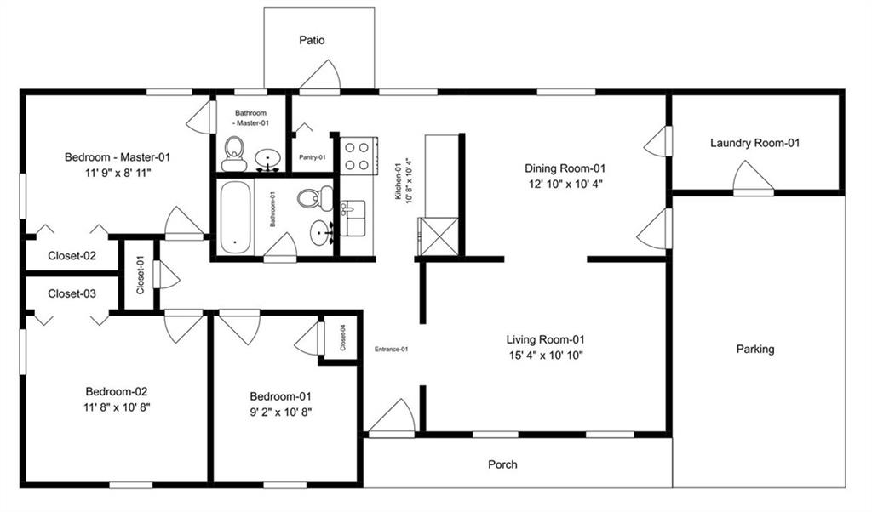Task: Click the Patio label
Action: point(311,40)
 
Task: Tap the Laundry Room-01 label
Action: point(754,143)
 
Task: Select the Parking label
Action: point(755,349)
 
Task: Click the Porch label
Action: point(502,464)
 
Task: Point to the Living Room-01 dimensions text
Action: point(545,355)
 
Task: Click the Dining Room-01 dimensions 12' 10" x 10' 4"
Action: point(565,183)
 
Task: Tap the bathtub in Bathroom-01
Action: point(235,217)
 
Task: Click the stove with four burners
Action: point(357,155)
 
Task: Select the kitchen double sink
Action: point(353,218)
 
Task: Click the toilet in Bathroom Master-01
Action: point(234,154)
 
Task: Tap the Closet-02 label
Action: point(72,255)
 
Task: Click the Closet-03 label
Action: point(72,294)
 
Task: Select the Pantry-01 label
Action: point(312,157)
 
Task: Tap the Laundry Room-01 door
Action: point(753,178)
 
